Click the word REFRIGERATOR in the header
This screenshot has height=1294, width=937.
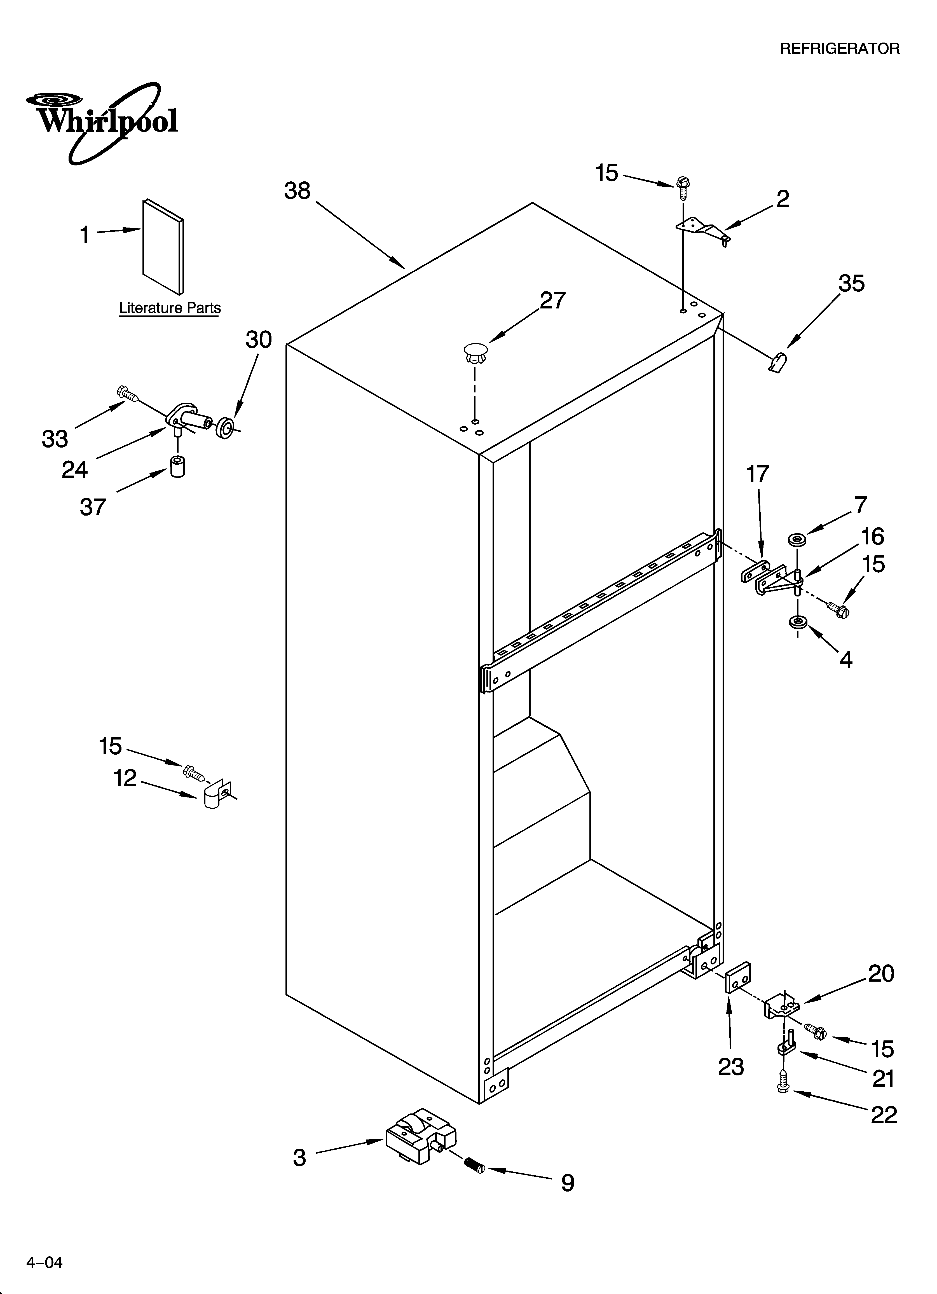[839, 49]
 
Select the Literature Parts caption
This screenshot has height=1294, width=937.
[170, 308]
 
